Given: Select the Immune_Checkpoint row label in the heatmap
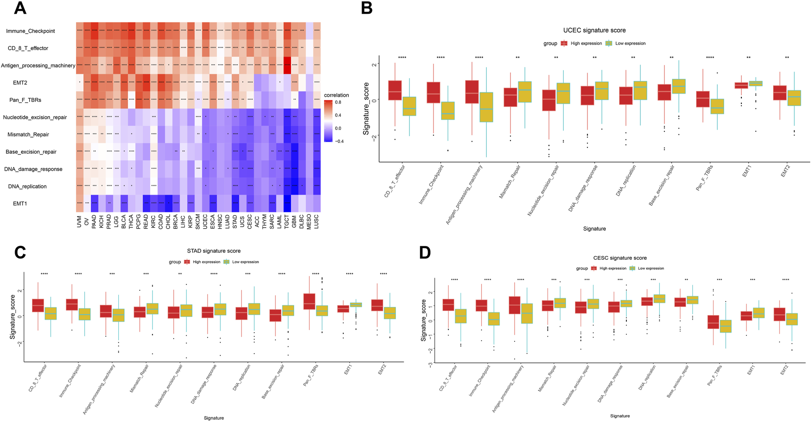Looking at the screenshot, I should (30, 31).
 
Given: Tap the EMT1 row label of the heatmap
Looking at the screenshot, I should (20, 204).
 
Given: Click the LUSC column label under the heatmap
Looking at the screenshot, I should (316, 222).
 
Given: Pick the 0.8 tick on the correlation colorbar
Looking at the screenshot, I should (338, 102).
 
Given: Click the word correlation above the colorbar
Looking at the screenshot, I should (336, 95).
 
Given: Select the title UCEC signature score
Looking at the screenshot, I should (594, 30).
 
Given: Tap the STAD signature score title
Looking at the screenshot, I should (214, 251).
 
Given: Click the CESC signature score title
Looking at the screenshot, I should (620, 258).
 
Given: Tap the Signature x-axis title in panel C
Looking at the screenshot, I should (214, 418).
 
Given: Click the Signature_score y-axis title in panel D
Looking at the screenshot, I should (424, 320).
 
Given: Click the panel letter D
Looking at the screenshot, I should (425, 253).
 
